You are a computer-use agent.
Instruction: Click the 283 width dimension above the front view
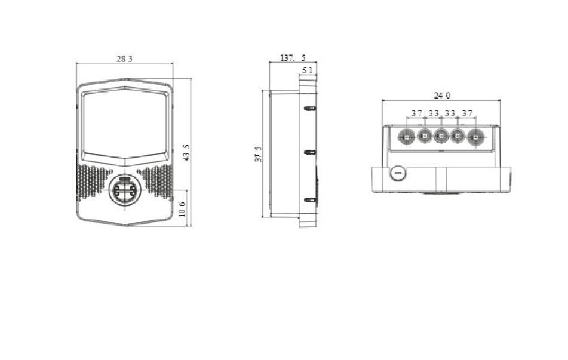tap(124, 58)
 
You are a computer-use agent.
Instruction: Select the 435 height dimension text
tap(186, 152)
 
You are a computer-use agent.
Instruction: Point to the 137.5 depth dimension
tap(293, 58)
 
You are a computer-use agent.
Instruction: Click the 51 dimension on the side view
tap(308, 70)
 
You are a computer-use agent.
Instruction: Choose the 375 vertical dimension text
tap(258, 153)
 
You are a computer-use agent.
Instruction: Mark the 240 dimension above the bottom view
tap(442, 96)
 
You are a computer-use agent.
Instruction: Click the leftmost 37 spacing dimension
tap(416, 113)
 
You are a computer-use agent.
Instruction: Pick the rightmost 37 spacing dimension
tap(467, 113)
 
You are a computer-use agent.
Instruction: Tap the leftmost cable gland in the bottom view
tap(406, 137)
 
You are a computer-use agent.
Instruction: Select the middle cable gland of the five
tap(441, 137)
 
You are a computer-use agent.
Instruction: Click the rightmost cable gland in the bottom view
tap(475, 137)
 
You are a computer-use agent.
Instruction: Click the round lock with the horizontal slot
tap(398, 174)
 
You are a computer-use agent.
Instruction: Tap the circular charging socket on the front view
tap(124, 191)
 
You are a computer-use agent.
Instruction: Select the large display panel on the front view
tap(124, 124)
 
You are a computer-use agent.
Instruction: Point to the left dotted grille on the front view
tap(93, 181)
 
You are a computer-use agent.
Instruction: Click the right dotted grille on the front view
tap(156, 181)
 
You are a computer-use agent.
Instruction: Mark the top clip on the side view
tap(310, 109)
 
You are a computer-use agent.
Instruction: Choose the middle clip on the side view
tap(310, 153)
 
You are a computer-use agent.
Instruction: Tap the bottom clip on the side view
tap(310, 200)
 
